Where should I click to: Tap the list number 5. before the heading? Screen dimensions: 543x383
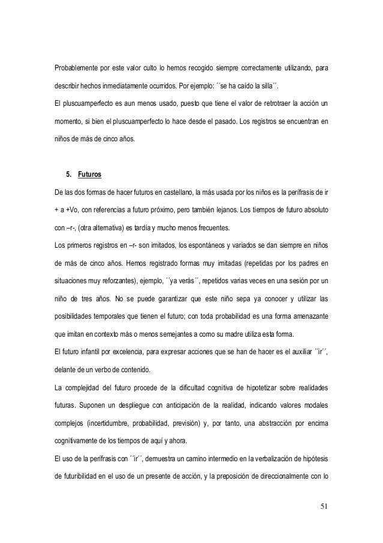68,175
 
